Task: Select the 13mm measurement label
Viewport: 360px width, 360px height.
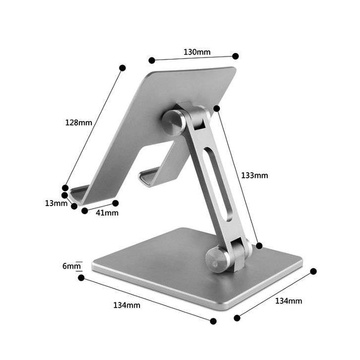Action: point(56,203)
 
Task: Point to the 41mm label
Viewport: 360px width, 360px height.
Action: point(106,212)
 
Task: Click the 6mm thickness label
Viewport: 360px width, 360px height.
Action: point(71,266)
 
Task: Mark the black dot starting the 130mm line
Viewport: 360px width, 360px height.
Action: point(149,59)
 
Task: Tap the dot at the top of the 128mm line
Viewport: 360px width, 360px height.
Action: point(122,68)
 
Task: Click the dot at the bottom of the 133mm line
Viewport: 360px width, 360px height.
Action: point(259,244)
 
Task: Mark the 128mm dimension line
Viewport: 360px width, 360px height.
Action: point(94,126)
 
